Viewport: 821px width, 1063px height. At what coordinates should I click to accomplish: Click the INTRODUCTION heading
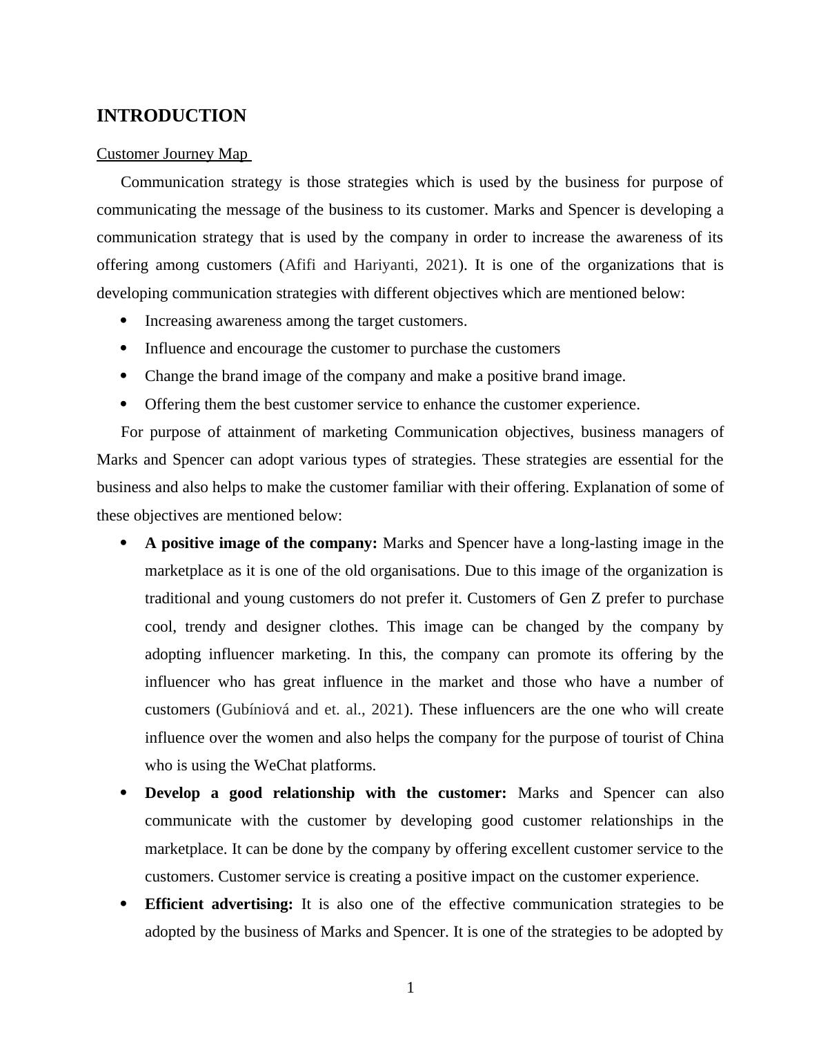[171, 116]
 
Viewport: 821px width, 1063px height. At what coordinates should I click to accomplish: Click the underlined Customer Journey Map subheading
[172, 154]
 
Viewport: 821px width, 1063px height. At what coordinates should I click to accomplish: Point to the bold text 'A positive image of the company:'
[261, 543]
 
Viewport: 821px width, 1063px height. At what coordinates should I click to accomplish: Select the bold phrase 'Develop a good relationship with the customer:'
[325, 793]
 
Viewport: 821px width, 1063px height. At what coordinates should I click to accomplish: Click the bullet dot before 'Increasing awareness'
[124, 321]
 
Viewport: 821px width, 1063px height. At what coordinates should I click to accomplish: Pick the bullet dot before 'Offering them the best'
[124, 404]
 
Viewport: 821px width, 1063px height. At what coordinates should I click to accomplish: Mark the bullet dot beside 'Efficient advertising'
[124, 904]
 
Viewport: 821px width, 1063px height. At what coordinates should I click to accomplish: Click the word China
[704, 738]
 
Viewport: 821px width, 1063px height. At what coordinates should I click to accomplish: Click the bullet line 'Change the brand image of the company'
[385, 377]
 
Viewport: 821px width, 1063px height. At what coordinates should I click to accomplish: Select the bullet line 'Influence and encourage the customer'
[352, 349]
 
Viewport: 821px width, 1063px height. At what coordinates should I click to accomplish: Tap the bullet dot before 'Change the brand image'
[124, 376]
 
